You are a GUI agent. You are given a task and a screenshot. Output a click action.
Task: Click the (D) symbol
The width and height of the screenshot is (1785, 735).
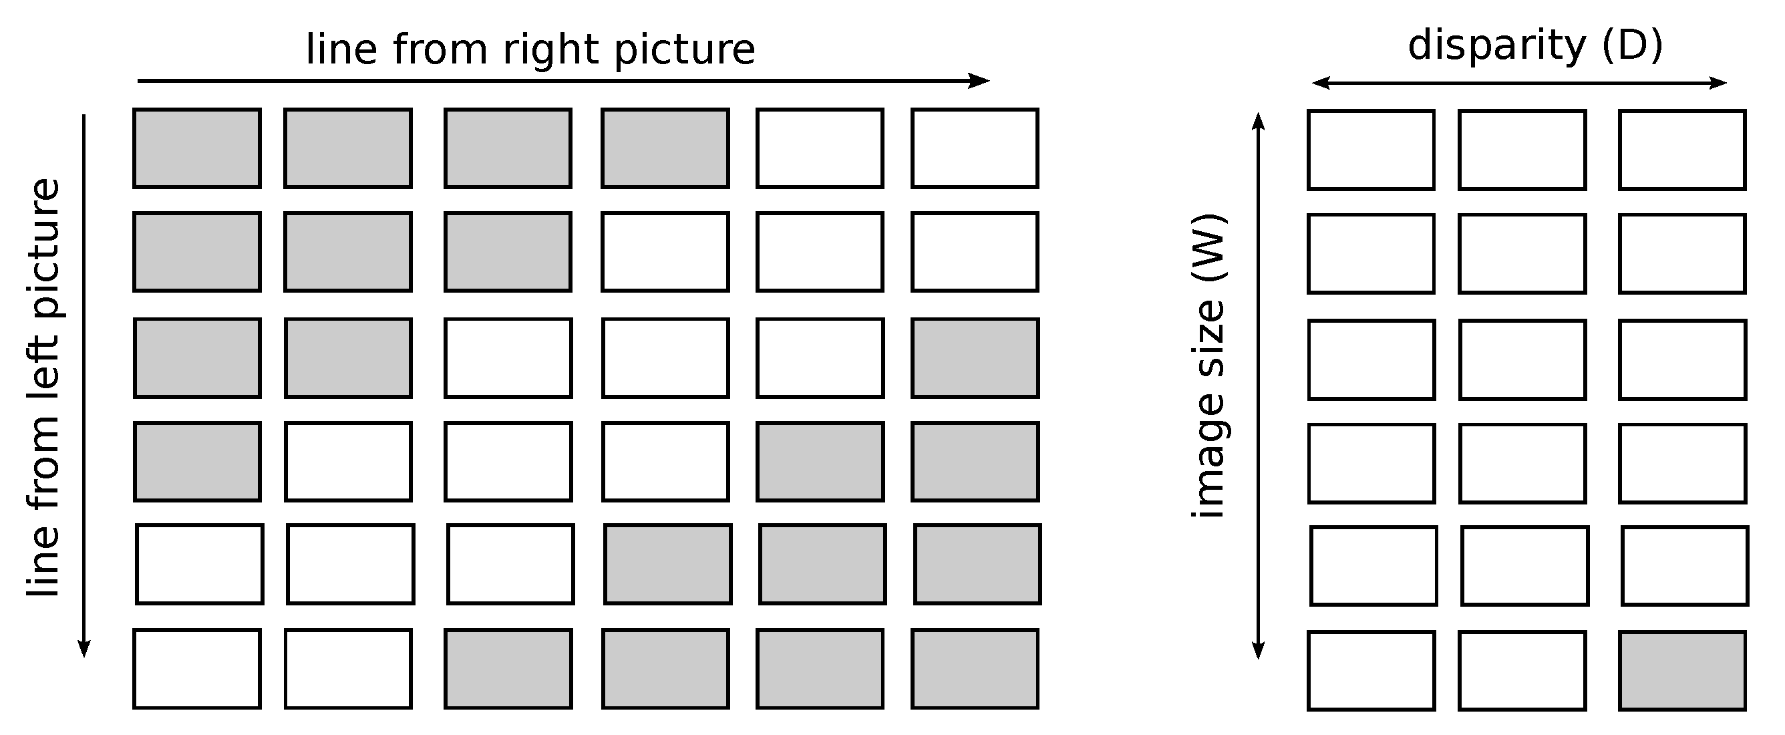coord(1632,45)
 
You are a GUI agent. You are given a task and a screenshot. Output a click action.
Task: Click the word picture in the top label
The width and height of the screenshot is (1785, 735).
coord(685,50)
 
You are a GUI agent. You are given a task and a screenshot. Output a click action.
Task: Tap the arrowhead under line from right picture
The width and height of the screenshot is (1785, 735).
coord(981,81)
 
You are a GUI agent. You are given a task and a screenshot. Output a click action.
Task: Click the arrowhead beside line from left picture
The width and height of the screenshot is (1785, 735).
coord(84,648)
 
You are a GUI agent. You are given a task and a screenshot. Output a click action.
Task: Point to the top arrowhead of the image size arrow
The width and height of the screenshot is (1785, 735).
coord(1259,122)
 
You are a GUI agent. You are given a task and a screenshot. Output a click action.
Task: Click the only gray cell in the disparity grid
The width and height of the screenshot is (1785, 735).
coord(1682,670)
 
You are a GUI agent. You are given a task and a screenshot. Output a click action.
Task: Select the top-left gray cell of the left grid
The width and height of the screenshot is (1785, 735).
coord(197,148)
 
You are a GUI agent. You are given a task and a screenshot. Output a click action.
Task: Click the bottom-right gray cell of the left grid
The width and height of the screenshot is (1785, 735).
coord(975,668)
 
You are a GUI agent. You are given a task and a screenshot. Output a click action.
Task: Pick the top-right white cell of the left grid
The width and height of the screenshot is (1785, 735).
coord(975,148)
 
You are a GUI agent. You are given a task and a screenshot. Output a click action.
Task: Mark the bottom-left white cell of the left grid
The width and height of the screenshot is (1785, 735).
coord(197,668)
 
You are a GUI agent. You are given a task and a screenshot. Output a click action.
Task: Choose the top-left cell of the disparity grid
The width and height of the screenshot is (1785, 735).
coord(1371,150)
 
